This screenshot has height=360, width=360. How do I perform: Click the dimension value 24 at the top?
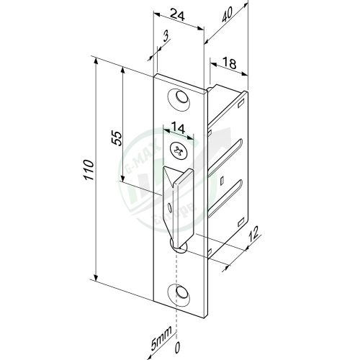tap(177, 12)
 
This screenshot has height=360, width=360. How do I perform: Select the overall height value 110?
tap(87, 169)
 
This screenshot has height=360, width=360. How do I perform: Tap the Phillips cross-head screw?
tap(178, 151)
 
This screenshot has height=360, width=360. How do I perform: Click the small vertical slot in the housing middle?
tap(222, 178)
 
